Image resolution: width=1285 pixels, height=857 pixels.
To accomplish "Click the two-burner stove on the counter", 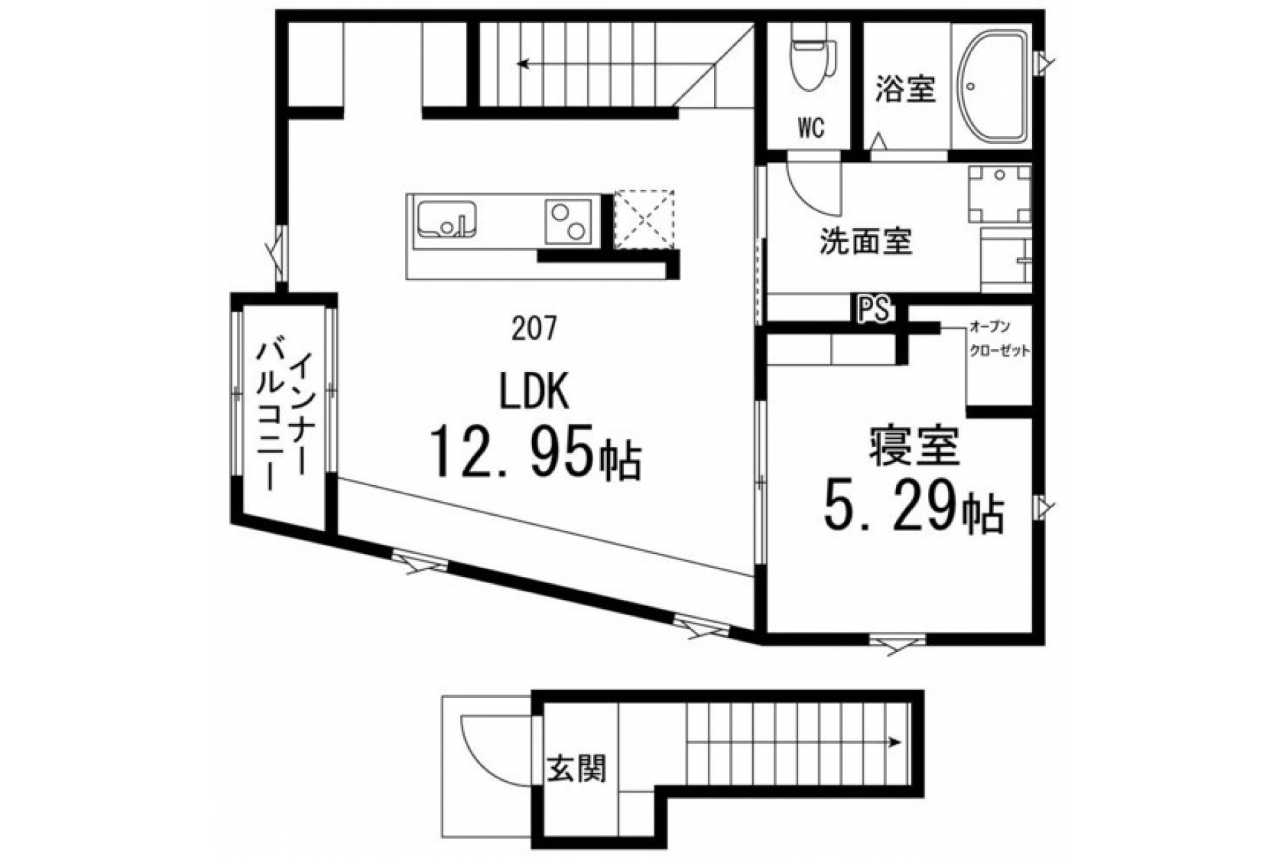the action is pos(568,221).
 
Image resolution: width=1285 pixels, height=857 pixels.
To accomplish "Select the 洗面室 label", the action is pos(865,241).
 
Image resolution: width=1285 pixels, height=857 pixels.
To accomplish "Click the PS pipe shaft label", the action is pos(874,309).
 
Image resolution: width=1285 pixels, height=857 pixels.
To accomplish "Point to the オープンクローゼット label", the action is pos(998,338).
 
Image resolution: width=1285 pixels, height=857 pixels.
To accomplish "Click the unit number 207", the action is pos(534,329).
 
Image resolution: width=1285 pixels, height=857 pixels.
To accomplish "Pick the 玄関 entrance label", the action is pos(576,768).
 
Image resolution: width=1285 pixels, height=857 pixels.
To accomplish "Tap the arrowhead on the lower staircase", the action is pos(896,742).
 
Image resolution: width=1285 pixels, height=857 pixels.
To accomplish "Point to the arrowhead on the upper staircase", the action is pos(522,65).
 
